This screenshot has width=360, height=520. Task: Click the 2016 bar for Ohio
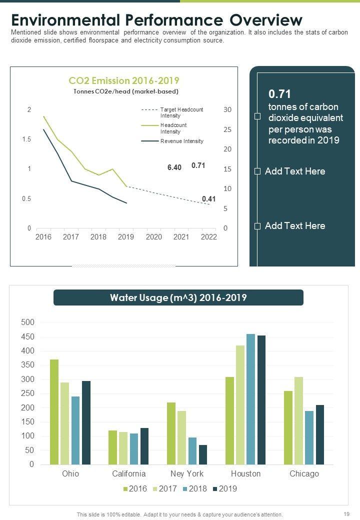pos(54,412)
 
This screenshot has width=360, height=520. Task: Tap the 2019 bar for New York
pos(203,454)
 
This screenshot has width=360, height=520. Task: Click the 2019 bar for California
pos(144,446)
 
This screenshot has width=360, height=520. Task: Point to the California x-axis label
pos(129,473)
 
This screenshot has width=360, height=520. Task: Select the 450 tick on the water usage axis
pos(27,337)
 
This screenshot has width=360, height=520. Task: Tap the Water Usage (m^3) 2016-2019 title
pos(178,298)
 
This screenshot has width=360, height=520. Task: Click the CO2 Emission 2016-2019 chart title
pos(123,80)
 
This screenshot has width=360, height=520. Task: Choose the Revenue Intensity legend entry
pos(181,141)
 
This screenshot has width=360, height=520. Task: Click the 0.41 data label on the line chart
pos(209,199)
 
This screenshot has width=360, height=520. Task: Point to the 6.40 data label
pos(174,167)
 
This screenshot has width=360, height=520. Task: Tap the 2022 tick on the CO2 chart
pos(208,237)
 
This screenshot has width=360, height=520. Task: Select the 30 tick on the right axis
pos(227,109)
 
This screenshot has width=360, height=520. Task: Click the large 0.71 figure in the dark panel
pos(280,94)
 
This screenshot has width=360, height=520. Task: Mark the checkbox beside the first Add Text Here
pos(257,171)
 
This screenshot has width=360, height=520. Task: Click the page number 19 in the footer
pos(346,514)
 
